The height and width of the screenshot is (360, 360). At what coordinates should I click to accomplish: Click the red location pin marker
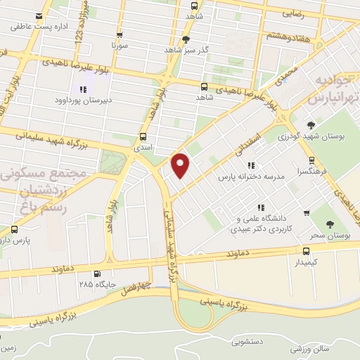(181, 165)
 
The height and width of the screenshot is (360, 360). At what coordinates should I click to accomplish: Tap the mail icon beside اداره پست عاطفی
(38, 15)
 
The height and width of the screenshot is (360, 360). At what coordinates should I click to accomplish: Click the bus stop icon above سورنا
(119, 34)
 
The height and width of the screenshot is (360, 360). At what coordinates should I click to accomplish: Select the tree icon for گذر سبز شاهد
(186, 39)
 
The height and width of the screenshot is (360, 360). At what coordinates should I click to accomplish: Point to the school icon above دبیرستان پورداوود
(84, 89)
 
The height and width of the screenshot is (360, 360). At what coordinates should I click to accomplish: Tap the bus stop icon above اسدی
(144, 137)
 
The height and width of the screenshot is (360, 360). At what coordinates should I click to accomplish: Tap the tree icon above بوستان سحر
(330, 224)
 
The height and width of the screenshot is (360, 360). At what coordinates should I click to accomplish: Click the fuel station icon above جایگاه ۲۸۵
(96, 274)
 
